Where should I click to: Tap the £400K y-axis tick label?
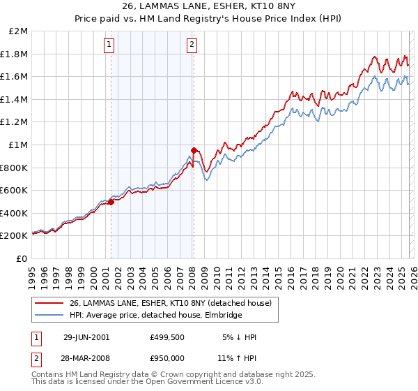click(x=15, y=213)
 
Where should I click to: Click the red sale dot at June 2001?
click(x=111, y=202)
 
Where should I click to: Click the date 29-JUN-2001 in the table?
click(x=86, y=337)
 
